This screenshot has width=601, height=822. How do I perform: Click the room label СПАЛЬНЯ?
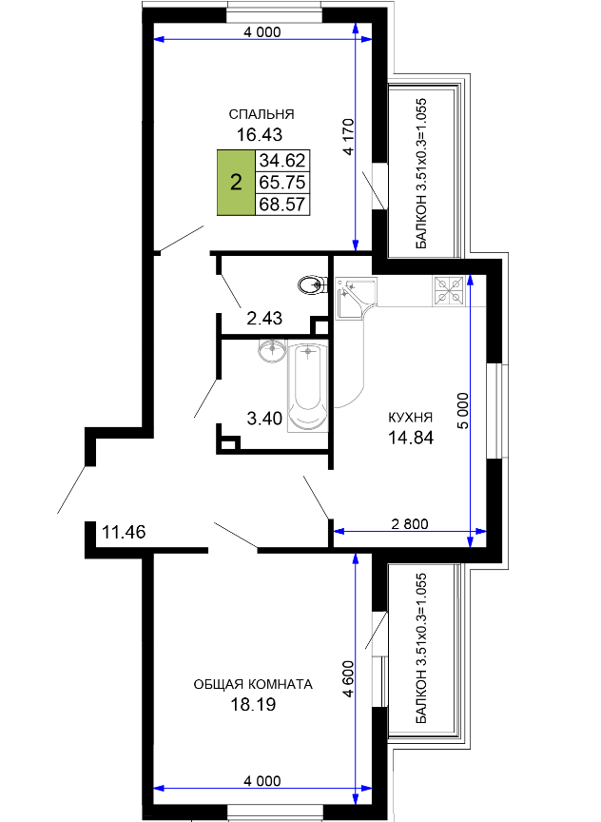tap(262, 114)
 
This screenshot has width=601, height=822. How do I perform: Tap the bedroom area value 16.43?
tap(260, 135)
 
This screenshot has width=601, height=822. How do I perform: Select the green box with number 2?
tap(237, 183)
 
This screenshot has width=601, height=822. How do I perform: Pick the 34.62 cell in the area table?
tap(282, 160)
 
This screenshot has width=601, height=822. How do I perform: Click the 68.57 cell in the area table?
tap(282, 204)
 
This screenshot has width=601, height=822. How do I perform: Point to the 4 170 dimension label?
tap(348, 137)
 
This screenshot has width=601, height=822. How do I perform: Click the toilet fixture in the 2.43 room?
tap(312, 285)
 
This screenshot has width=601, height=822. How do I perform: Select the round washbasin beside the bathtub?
tap(272, 350)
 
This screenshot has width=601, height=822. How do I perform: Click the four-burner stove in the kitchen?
tap(449, 291)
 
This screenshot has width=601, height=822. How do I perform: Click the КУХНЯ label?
tap(410, 418)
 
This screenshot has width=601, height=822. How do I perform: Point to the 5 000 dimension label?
tap(464, 410)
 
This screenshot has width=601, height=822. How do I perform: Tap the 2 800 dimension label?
tap(410, 523)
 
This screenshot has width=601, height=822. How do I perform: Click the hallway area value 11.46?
tap(124, 532)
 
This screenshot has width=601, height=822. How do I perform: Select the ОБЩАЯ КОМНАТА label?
tap(253, 684)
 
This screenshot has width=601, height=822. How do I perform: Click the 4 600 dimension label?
tap(348, 678)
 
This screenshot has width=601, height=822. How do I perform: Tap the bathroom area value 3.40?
tap(264, 419)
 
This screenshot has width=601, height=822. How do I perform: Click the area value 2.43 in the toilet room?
tap(264, 318)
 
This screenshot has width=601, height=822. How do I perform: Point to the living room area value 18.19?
tap(254, 705)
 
